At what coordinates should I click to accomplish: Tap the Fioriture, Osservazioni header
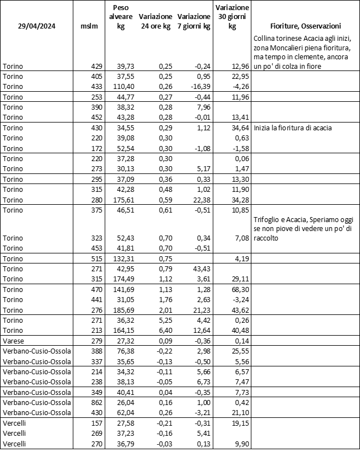pos(305,26)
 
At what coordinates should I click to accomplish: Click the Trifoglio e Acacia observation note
pos(305,229)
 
